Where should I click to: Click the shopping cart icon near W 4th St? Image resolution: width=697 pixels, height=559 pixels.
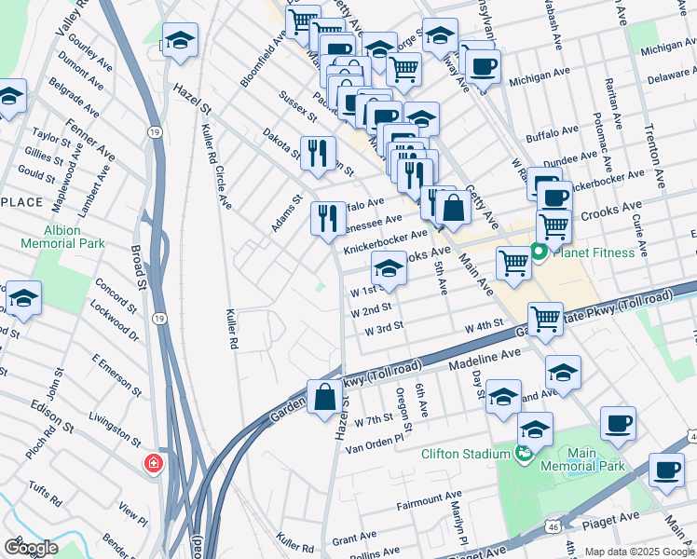[545, 319]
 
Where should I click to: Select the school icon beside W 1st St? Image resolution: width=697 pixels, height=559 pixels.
[389, 269]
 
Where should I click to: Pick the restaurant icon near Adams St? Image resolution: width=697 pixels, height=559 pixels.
[327, 220]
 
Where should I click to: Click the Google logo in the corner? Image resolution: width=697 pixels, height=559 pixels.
[31, 548]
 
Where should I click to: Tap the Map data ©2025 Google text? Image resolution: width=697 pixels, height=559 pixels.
[639, 552]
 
